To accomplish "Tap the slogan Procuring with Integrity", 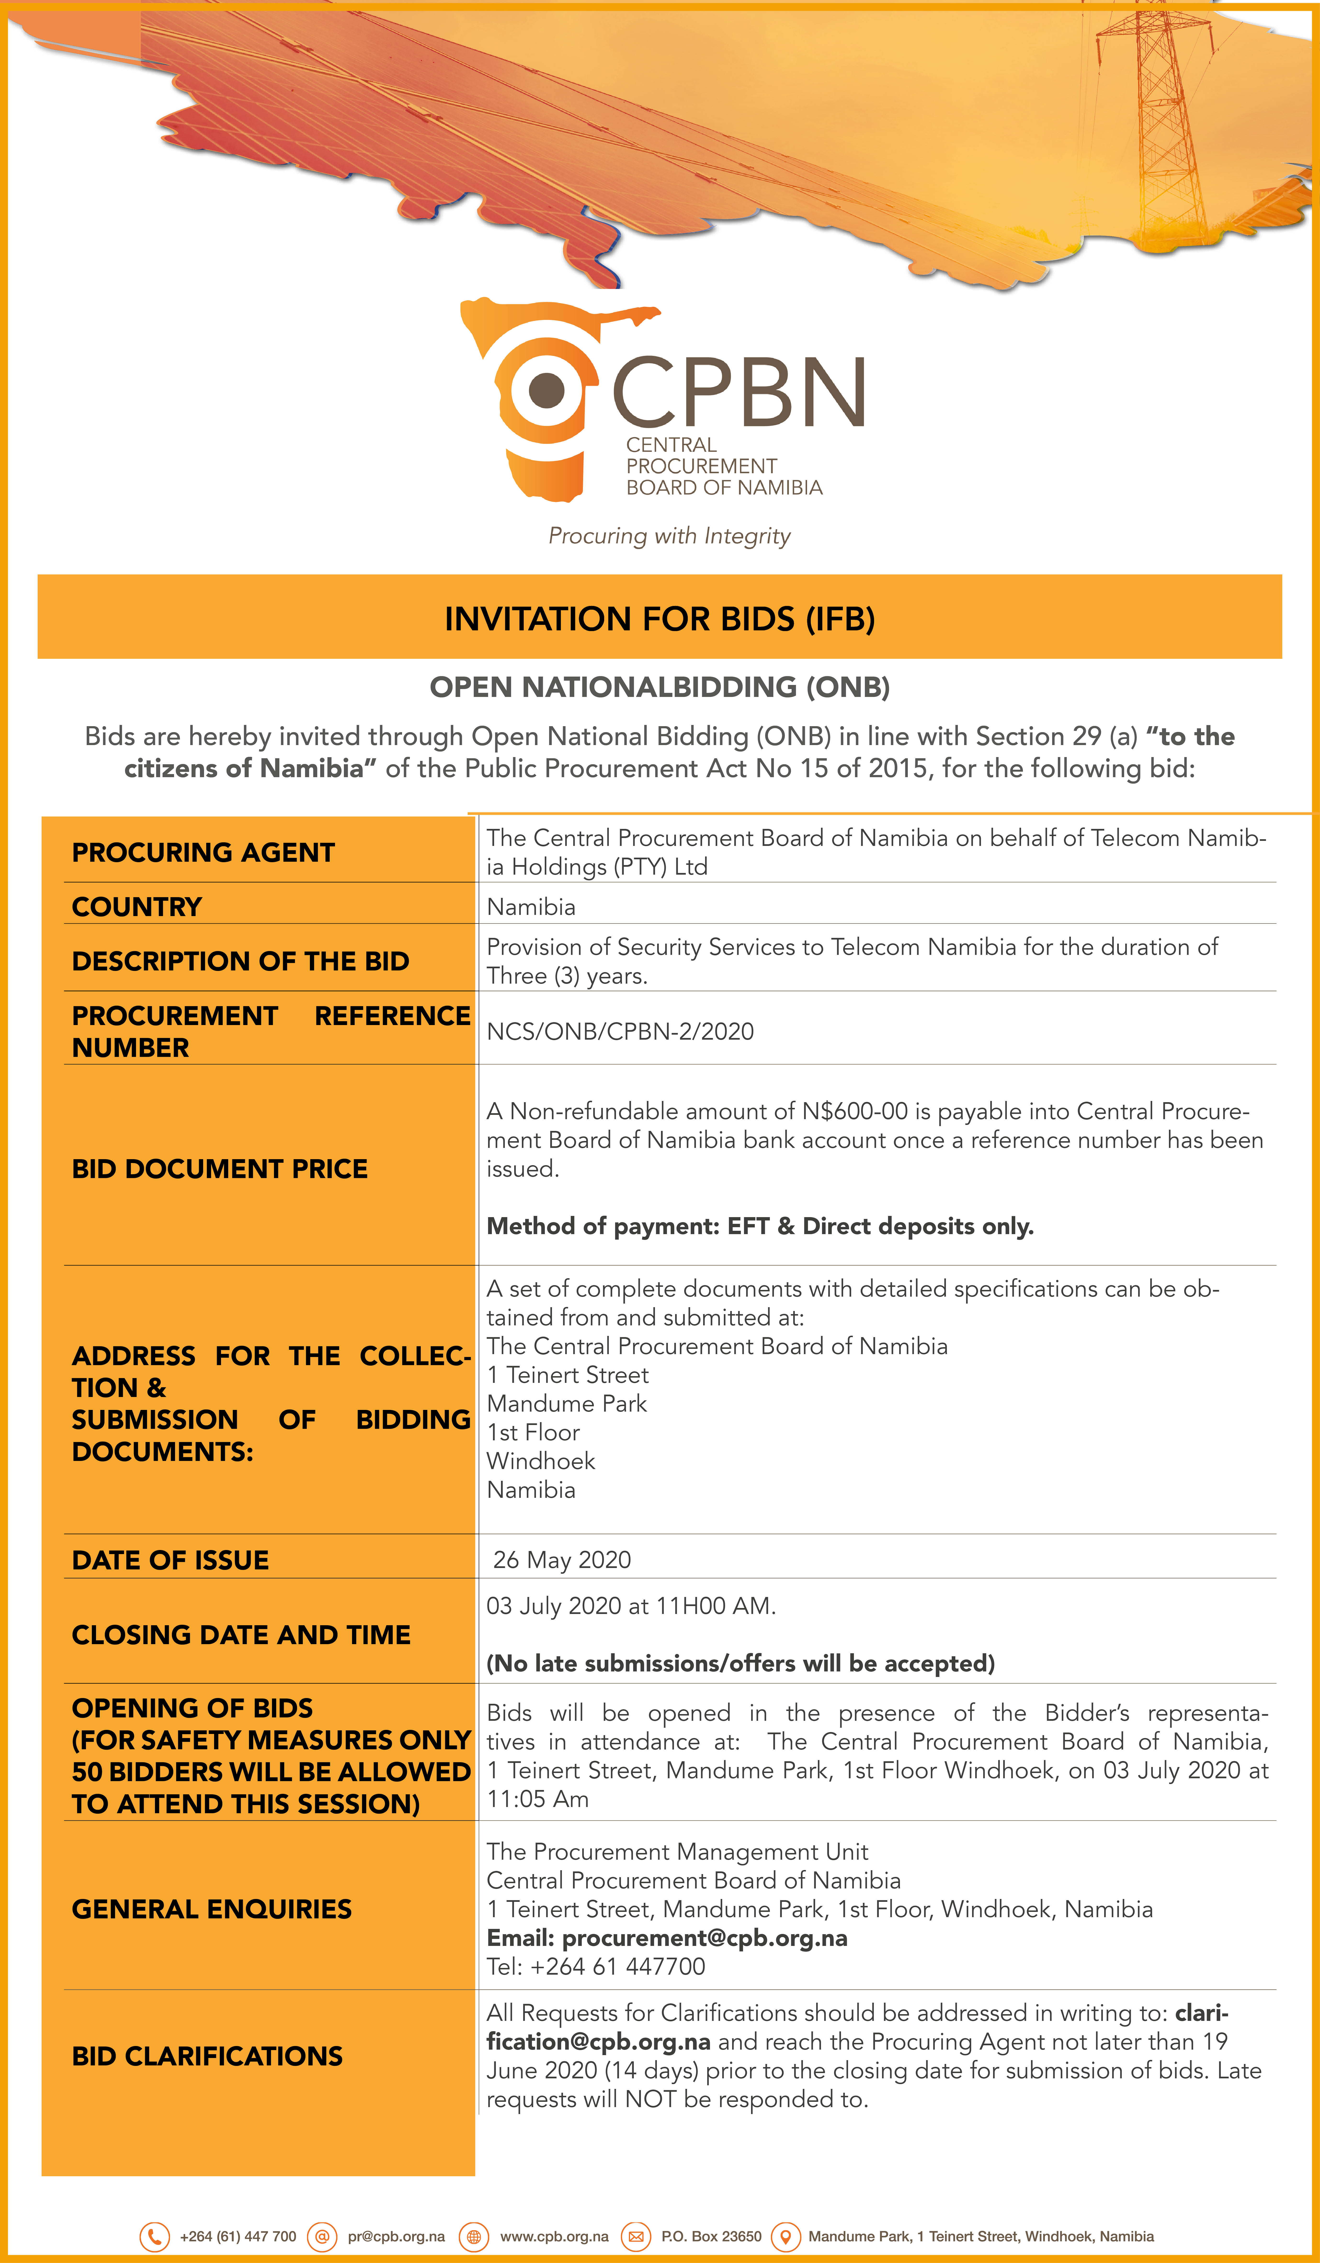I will pyautogui.click(x=669, y=536).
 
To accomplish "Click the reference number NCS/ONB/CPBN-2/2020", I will pyautogui.click(x=620, y=1031).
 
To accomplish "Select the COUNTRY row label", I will pyautogui.click(x=137, y=907).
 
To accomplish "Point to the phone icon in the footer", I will pyautogui.click(x=154, y=2236).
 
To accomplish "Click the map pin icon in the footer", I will pyautogui.click(x=786, y=2236).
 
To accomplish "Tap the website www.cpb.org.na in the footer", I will pyautogui.click(x=554, y=2236).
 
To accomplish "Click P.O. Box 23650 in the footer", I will pyautogui.click(x=711, y=2236).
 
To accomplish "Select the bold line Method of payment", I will pyautogui.click(x=760, y=1227).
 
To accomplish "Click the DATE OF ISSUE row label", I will pyautogui.click(x=171, y=1561).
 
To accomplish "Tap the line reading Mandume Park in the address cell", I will pyautogui.click(x=567, y=1404).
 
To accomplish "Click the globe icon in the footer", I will pyautogui.click(x=474, y=2236).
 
